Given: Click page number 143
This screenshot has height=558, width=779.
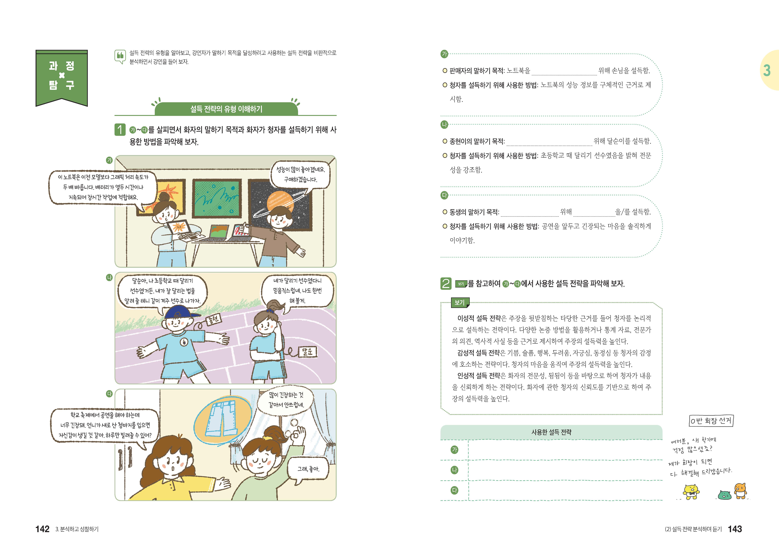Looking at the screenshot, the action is click(735, 529).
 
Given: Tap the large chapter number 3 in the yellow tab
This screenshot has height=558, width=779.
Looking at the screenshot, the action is click(767, 70).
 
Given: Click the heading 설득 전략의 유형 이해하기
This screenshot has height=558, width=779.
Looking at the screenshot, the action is click(226, 109).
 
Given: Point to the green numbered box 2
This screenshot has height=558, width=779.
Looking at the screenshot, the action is click(446, 284).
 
